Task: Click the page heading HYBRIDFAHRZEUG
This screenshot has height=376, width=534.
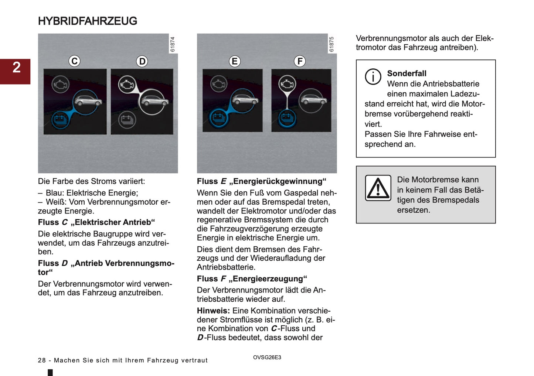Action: [87, 21]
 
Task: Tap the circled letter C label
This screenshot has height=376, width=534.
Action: [75, 61]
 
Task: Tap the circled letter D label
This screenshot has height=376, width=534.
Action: [142, 61]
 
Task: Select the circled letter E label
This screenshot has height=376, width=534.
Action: [234, 61]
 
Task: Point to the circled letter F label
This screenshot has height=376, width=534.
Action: [300, 61]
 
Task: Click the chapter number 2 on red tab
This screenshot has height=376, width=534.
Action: [16, 68]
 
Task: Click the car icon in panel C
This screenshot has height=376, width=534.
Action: [87, 100]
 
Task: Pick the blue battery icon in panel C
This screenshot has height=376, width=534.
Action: [59, 120]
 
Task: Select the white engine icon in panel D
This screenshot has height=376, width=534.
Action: [127, 85]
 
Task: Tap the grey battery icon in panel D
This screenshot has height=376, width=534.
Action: [127, 120]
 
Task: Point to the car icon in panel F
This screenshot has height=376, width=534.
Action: [313, 100]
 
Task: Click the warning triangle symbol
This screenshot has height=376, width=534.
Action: [378, 188]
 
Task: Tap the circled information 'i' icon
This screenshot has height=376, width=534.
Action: [373, 77]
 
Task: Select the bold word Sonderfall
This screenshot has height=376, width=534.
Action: [407, 74]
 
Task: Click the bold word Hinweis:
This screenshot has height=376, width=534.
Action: [213, 311]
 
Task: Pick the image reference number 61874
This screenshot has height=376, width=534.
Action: [173, 44]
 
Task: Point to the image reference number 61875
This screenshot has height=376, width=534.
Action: [331, 44]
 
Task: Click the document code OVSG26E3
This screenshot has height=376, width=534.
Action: [267, 357]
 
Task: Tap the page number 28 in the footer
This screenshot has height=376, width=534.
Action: [42, 360]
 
